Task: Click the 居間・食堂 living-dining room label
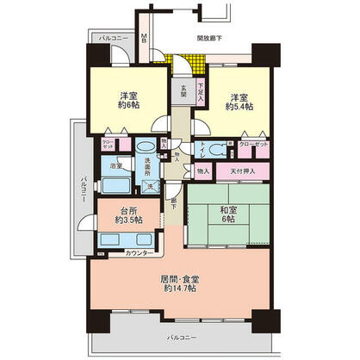click(179, 283)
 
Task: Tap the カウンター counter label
click(140, 253)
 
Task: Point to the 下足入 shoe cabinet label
click(200, 89)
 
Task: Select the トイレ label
click(202, 148)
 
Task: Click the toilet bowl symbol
click(222, 146)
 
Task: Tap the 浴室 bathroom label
click(116, 165)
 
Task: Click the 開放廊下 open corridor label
click(211, 38)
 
